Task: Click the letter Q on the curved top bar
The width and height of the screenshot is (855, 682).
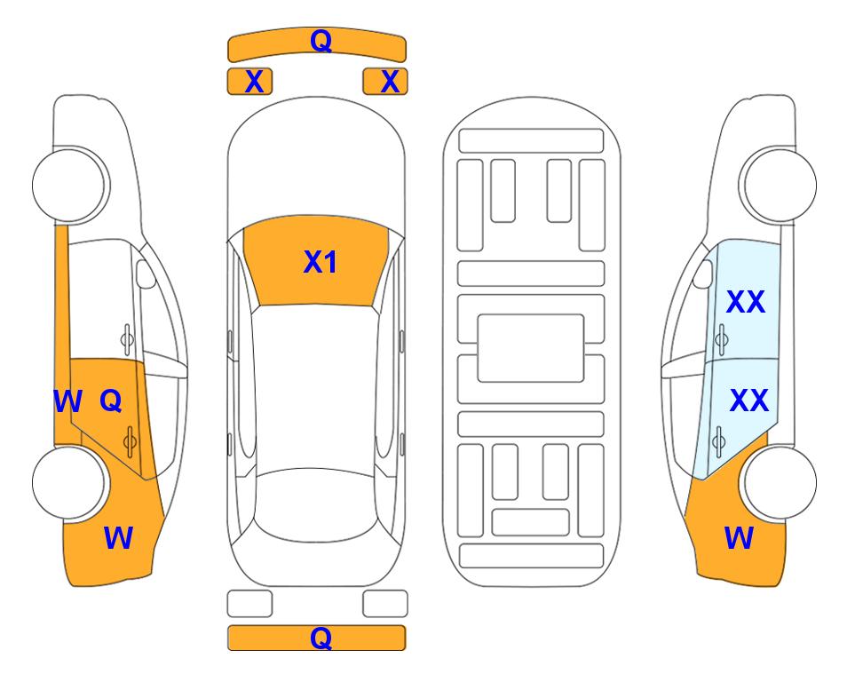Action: [x=321, y=40]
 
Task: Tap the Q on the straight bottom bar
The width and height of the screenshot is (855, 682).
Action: [x=321, y=638]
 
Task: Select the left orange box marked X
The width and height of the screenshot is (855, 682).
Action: [x=249, y=82]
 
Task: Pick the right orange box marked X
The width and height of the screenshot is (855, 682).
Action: [x=385, y=82]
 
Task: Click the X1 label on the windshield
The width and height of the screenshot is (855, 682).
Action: [x=321, y=262]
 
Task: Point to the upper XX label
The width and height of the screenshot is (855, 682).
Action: [x=746, y=302]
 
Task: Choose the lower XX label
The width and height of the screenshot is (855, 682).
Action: [x=748, y=400]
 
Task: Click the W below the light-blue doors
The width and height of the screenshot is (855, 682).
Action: [x=739, y=538]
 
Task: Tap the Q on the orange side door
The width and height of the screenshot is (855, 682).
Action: [x=111, y=401]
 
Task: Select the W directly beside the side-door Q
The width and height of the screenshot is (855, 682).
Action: [x=67, y=401]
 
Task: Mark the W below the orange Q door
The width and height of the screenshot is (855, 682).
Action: [x=118, y=538]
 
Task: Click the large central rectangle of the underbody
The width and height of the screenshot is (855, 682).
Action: [x=531, y=348]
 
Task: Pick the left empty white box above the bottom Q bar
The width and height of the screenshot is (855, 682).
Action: [x=249, y=604]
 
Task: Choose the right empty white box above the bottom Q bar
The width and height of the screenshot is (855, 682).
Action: [x=385, y=604]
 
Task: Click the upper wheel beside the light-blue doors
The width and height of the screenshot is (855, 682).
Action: [x=778, y=185]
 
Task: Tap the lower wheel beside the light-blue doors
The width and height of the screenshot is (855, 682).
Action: [x=778, y=482]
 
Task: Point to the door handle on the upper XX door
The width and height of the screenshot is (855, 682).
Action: [x=721, y=339]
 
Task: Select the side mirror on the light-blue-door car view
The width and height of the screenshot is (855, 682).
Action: [x=702, y=274]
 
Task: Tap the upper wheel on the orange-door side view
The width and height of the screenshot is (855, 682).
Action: [x=71, y=185]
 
